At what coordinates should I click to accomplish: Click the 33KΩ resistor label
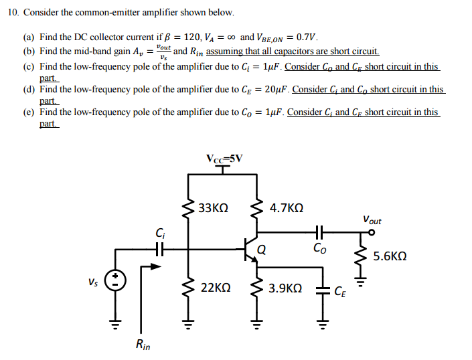click(214, 208)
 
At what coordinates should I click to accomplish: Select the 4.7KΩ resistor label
click(286, 208)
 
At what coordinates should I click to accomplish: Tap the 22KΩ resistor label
click(216, 288)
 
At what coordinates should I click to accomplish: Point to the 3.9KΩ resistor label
click(285, 288)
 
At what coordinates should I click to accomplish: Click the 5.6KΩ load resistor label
click(390, 256)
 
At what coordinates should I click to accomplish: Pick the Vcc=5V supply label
click(225, 159)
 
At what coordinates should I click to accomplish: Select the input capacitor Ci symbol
click(159, 249)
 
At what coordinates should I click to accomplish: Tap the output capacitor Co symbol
click(319, 232)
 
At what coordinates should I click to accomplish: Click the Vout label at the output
click(372, 219)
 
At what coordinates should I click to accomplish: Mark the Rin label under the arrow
click(143, 345)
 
